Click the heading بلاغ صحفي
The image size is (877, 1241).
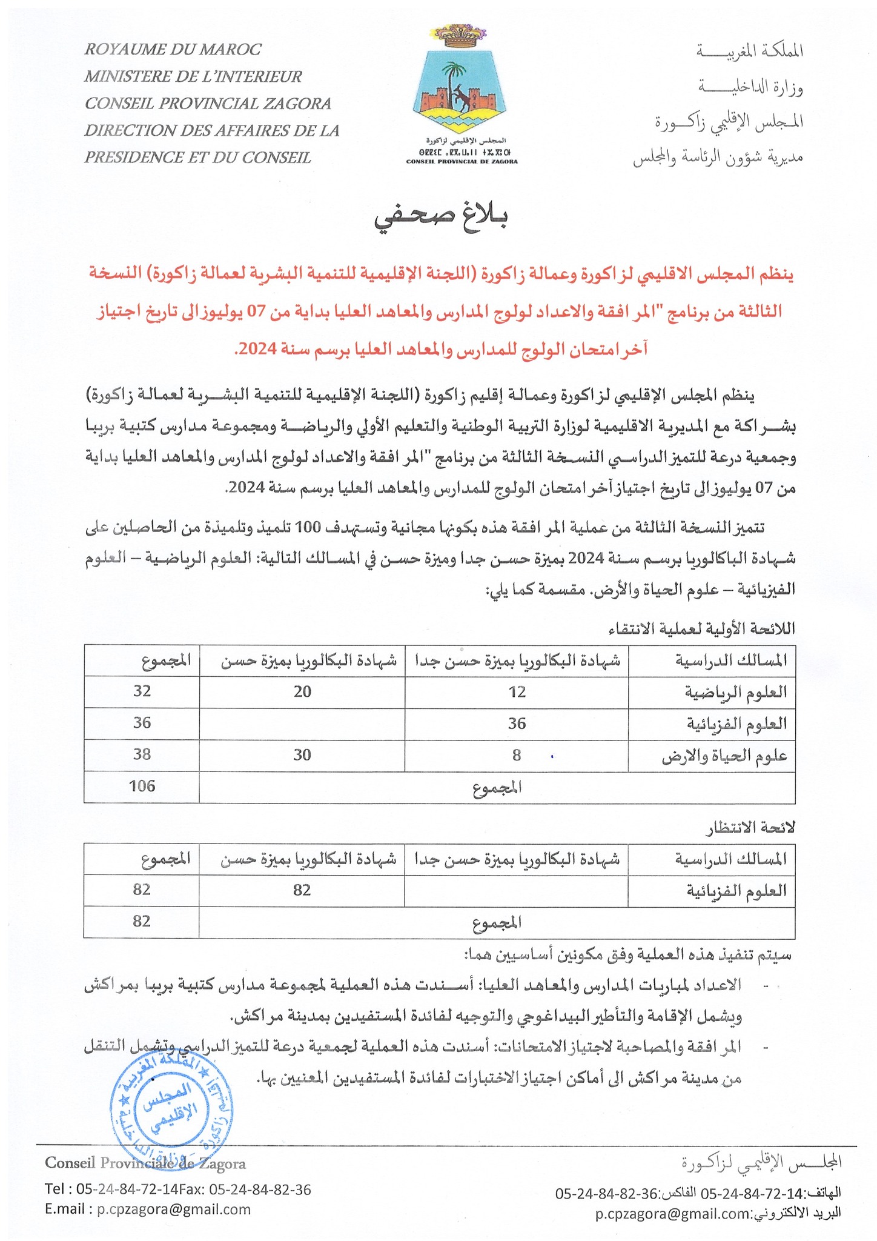click(x=440, y=219)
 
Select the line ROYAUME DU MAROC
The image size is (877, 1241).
click(x=173, y=49)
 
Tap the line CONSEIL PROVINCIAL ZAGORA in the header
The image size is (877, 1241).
click(x=208, y=104)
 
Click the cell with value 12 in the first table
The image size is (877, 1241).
click(x=517, y=691)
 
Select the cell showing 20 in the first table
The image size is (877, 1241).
click(x=302, y=691)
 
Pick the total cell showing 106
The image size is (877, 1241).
click(x=142, y=787)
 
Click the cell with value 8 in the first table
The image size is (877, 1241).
click(x=517, y=755)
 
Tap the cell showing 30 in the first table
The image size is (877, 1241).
click(x=302, y=755)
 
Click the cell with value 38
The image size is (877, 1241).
click(x=142, y=755)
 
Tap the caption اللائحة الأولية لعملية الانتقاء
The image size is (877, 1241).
click(x=703, y=629)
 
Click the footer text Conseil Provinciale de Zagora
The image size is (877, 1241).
click(x=146, y=1164)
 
